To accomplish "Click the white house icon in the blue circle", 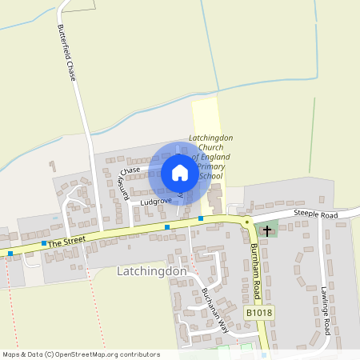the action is point(179,173).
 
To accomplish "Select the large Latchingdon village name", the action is point(151,271).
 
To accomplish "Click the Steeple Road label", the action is point(315,214).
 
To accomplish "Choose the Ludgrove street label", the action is point(156,202).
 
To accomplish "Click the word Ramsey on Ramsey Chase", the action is point(123,190).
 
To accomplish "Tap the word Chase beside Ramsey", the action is point(130,170).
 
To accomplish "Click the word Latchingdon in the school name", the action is point(210,138).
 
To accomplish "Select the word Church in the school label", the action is point(210,147).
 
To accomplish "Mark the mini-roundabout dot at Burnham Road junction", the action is point(248,222).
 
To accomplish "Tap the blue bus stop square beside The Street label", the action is point(43,242).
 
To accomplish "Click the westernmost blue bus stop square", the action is point(10,254).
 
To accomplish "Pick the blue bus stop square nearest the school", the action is point(201,218).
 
